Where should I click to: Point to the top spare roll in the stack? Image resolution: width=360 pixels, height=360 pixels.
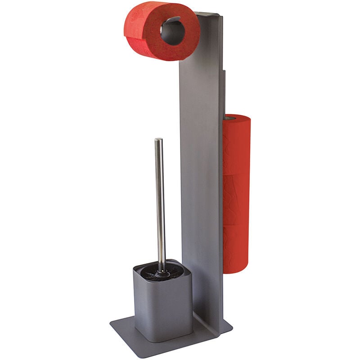click(237, 146)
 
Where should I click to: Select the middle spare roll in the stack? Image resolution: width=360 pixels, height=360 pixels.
click(237, 198)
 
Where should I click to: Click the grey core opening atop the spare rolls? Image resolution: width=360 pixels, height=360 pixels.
click(230, 118)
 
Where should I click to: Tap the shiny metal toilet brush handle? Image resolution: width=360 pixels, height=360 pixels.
click(160, 202)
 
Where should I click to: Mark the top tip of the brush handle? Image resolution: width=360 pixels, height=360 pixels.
click(158, 140)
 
